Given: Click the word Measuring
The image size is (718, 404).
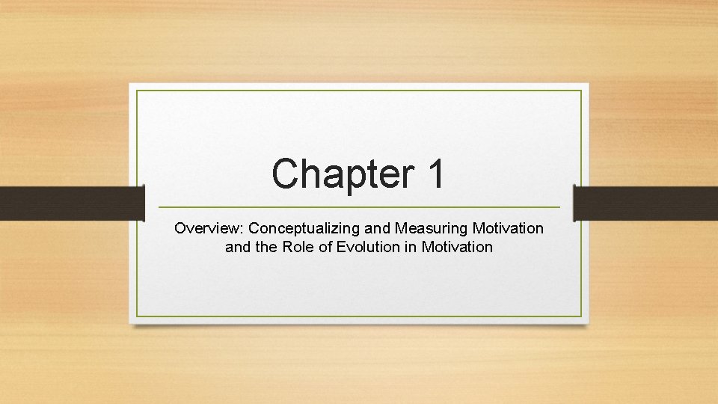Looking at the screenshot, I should (x=434, y=228).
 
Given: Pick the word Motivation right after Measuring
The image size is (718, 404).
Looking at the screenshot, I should (x=507, y=228).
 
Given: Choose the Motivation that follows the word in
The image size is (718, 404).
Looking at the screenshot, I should (x=456, y=246).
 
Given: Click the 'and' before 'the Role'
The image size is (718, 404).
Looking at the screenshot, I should (x=238, y=246).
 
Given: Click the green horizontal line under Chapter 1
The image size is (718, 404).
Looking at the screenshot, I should (x=359, y=206).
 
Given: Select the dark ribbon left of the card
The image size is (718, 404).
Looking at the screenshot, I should (x=71, y=203).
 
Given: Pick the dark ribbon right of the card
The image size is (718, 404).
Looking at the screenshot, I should (x=645, y=203).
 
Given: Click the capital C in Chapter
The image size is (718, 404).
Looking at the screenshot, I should (x=285, y=174).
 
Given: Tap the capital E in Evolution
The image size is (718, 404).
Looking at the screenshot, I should (x=341, y=246).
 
